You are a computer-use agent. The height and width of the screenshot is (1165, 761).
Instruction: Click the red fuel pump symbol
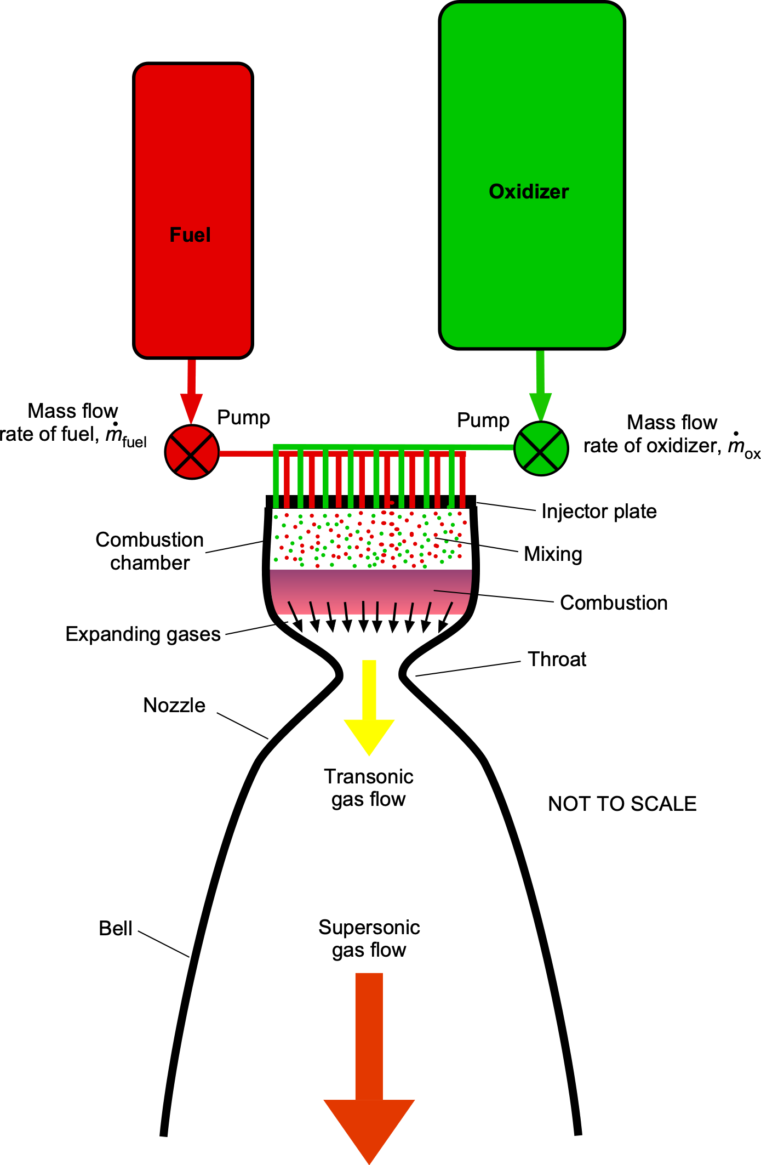[x=192, y=452]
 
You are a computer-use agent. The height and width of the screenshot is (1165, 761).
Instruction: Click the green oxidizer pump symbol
[x=541, y=448]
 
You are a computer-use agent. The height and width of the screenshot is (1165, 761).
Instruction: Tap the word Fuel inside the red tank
[x=190, y=235]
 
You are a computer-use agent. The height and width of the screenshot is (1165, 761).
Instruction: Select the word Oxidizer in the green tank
[x=529, y=191]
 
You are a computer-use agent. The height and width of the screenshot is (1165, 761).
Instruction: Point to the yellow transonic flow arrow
[x=369, y=707]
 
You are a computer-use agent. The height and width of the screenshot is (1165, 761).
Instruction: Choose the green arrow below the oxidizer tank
[x=540, y=385]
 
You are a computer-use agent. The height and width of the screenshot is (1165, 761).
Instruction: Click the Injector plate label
[x=599, y=511]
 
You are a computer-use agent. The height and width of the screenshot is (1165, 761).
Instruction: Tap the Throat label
[x=557, y=659]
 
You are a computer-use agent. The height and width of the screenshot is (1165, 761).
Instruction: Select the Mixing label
[x=553, y=554]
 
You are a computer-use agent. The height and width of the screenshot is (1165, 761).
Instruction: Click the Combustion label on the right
[x=614, y=603]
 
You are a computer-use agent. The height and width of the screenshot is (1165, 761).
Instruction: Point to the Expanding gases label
[x=143, y=634]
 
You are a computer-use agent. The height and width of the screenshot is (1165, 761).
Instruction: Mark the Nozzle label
[x=174, y=705]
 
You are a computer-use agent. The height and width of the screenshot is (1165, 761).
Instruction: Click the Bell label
[x=116, y=928]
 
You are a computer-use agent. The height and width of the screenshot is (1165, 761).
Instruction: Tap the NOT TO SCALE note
[x=622, y=804]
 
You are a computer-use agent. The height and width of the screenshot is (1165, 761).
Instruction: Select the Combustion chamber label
[x=150, y=551]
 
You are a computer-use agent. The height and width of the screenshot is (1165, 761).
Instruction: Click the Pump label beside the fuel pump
[x=243, y=418]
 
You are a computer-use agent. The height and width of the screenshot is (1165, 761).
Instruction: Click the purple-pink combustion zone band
[x=371, y=592]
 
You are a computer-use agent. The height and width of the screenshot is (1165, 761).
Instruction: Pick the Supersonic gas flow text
[x=369, y=938]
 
